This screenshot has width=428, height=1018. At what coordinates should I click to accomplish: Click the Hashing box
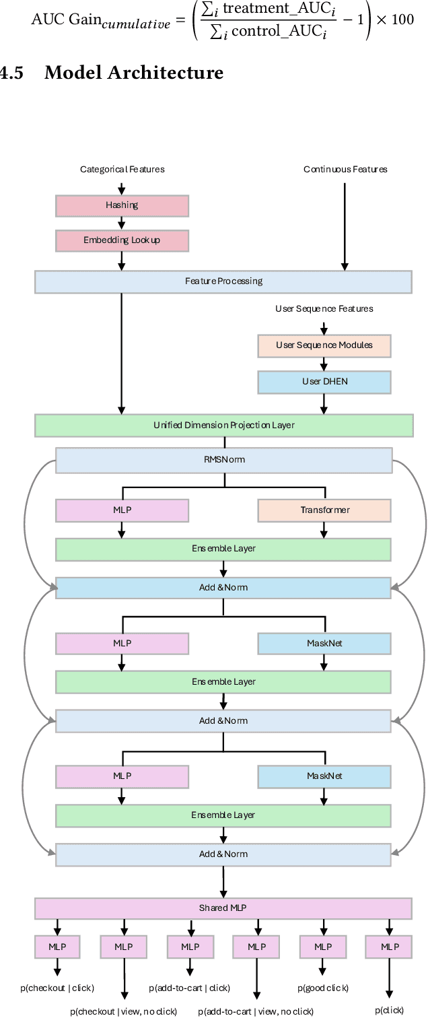[122, 205]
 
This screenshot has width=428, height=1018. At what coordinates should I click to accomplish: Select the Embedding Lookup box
[122, 240]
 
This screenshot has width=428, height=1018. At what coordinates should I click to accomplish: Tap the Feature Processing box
[223, 281]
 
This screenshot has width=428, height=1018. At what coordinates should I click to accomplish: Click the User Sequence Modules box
[324, 345]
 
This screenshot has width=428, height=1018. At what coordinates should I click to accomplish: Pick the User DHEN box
[324, 382]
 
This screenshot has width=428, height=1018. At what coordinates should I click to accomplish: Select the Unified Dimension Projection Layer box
[223, 426]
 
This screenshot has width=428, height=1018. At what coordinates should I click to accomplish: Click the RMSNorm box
[223, 461]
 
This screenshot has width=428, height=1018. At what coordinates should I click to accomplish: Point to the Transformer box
[324, 510]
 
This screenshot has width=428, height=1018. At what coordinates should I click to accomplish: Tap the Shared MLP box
[223, 908]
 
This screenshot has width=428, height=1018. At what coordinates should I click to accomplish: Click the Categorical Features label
[122, 170]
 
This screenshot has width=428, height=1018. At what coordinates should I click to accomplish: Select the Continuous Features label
[345, 170]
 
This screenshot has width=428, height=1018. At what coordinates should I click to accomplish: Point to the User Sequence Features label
[324, 309]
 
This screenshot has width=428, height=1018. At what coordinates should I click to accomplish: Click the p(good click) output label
[323, 988]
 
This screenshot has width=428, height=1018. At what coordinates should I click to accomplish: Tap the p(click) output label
[390, 1011]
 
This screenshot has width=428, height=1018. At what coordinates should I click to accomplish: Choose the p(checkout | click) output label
[57, 988]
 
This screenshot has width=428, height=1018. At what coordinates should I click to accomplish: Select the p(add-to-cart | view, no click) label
[256, 1011]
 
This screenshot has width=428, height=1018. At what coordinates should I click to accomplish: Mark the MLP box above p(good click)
[323, 947]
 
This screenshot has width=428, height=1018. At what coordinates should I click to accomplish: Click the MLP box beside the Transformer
[122, 510]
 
